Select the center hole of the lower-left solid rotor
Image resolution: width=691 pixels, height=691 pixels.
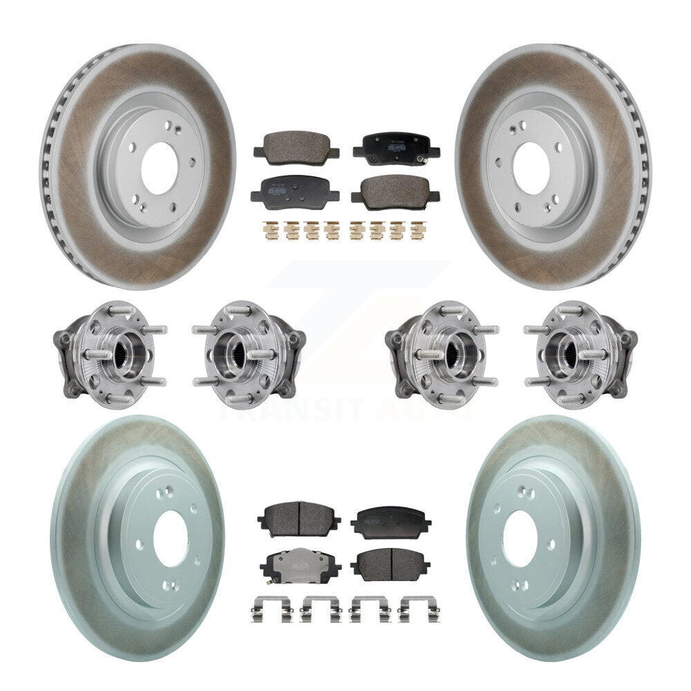(169, 538)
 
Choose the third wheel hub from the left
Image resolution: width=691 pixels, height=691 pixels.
(440, 353)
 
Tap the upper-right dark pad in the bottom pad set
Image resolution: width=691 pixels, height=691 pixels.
(390, 522)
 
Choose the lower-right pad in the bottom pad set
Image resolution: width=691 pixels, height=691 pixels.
(390, 564)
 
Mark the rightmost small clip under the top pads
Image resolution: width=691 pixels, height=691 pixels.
(416, 229)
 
